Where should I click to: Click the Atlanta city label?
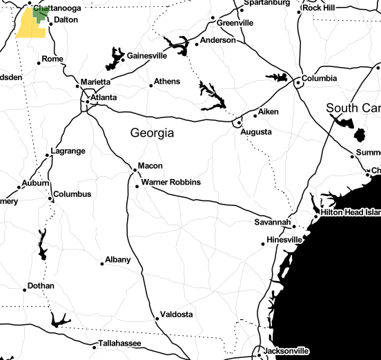(x=104, y=97)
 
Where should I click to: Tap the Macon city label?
(x=150, y=166)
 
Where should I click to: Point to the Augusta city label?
(x=255, y=131)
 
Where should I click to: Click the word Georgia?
(x=152, y=133)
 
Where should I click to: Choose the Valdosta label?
(x=176, y=314)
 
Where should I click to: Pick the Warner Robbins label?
(x=170, y=182)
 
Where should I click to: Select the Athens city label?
(x=166, y=82)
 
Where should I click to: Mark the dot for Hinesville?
(x=263, y=243)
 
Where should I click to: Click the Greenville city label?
(x=235, y=23)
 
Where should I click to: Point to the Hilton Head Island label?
(x=351, y=213)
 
